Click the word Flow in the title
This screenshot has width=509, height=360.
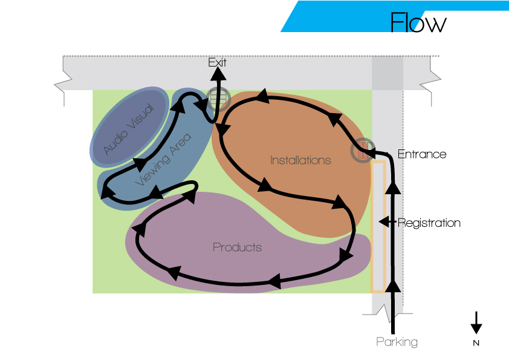(x=418, y=22)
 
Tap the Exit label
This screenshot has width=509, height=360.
(x=217, y=62)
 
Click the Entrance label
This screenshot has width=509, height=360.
(x=422, y=154)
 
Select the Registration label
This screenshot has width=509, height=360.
(x=429, y=223)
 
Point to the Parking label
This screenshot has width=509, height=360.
(x=397, y=342)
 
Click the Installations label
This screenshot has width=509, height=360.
(x=300, y=160)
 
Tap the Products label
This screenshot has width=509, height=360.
(x=238, y=247)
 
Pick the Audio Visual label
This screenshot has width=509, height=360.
(x=129, y=129)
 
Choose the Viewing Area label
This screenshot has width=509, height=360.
(x=163, y=159)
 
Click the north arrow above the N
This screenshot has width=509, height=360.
(x=476, y=322)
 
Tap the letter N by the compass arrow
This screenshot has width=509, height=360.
(x=476, y=343)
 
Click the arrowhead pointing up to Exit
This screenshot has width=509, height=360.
(x=218, y=74)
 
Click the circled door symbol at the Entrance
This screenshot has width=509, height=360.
(x=363, y=150)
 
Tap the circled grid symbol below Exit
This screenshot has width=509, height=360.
(x=218, y=99)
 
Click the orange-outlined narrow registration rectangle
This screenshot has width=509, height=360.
(x=378, y=226)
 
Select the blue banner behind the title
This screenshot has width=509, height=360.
(x=395, y=16)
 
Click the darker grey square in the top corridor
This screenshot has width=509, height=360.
(x=387, y=73)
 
